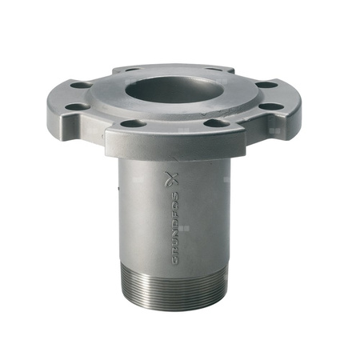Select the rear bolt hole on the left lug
tap(81, 85)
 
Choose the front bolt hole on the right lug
tap(272, 106)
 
